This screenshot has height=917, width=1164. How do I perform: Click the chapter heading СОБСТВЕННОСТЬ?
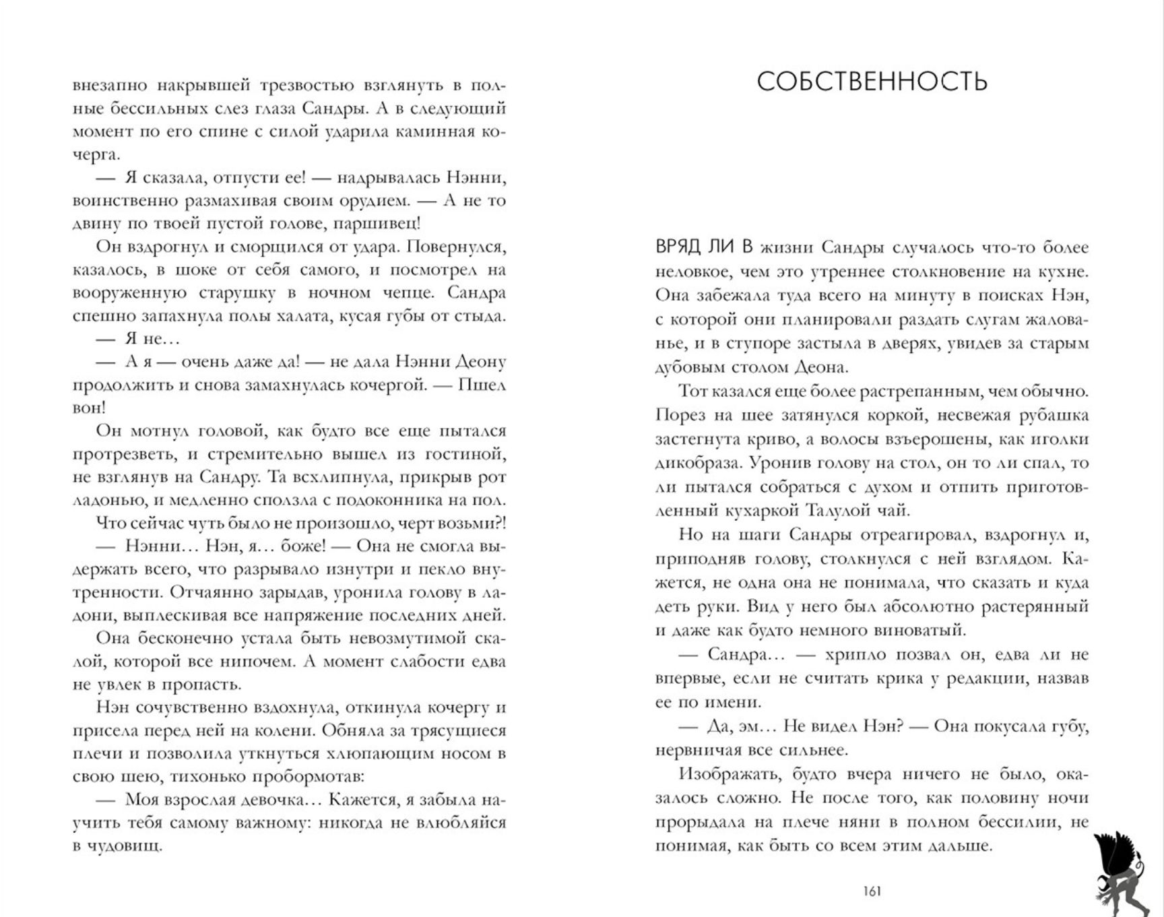click(872, 82)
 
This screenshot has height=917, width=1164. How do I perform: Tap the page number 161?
click(872, 891)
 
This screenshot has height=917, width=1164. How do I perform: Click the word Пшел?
click(482, 385)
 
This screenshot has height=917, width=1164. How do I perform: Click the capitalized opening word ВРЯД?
click(678, 248)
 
